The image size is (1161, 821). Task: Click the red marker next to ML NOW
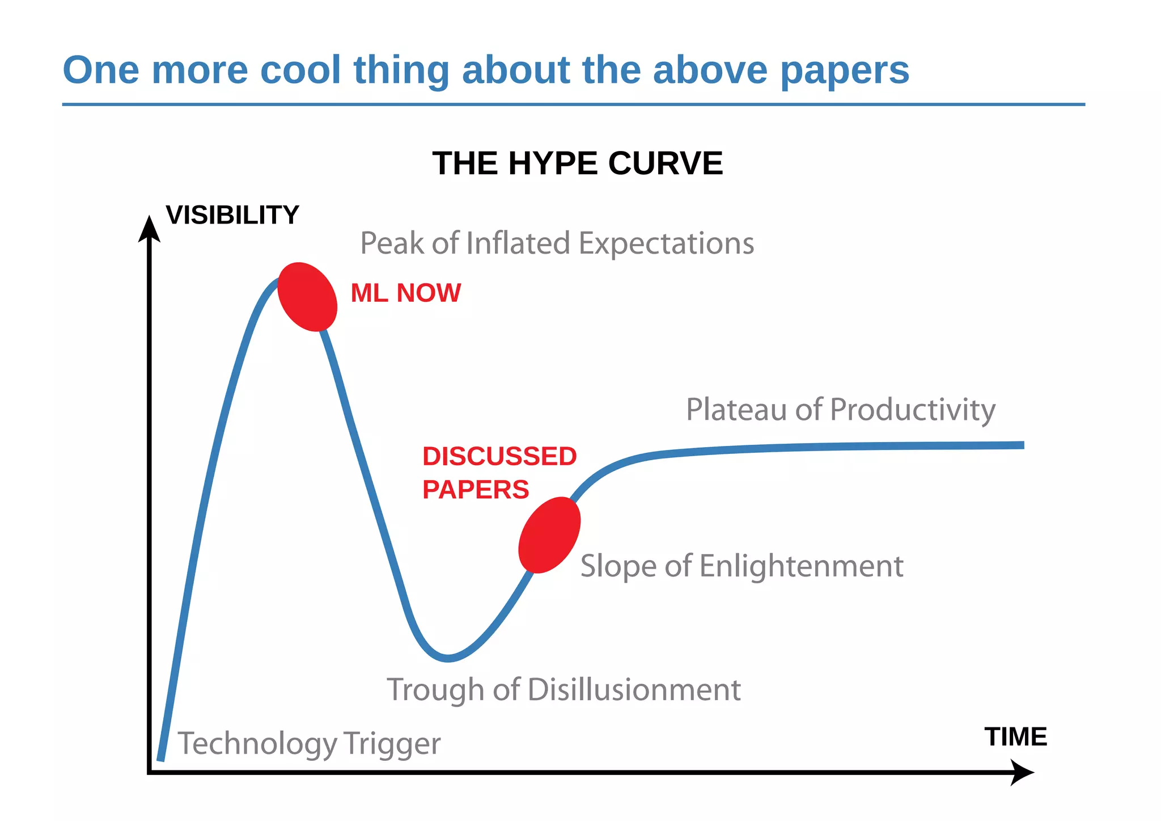[x=307, y=297]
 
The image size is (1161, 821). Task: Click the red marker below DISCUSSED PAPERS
[x=549, y=535]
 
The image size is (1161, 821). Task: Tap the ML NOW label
[x=405, y=293]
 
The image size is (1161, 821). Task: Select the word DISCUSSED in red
[x=499, y=457]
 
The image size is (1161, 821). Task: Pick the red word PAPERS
[x=475, y=490]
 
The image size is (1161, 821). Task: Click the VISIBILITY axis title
[x=232, y=215]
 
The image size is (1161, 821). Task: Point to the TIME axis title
[x=1015, y=736]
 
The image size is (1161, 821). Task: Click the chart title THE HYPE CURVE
[x=577, y=163]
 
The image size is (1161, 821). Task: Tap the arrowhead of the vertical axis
[x=149, y=228]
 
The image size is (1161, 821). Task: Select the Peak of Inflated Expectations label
[x=557, y=243]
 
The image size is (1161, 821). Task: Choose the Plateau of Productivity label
[x=840, y=410]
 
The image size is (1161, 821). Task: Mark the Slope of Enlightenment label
[x=741, y=566]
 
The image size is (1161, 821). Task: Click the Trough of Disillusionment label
[x=563, y=690]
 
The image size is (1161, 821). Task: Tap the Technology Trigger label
[x=309, y=743]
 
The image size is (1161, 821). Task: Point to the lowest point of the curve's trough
[x=448, y=658]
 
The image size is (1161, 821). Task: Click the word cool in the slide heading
[x=300, y=70]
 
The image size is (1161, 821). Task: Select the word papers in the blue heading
[x=844, y=70]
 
